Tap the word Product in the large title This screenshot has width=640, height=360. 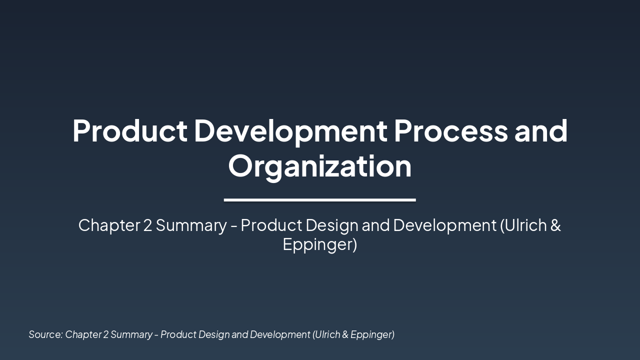pyautogui.click(x=130, y=131)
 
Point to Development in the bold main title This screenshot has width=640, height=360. pyautogui.click(x=290, y=131)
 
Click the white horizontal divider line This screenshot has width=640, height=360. pyautogui.click(x=320, y=200)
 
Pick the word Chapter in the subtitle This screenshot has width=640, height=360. pyautogui.click(x=109, y=225)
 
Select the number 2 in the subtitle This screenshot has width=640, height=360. pyautogui.click(x=147, y=225)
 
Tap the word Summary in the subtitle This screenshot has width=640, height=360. pyautogui.click(x=191, y=225)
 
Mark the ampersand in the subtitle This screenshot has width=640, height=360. pyautogui.click(x=555, y=225)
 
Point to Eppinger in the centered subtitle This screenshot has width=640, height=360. pyautogui.click(x=319, y=245)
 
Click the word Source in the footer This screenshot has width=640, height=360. pyautogui.click(x=45, y=334)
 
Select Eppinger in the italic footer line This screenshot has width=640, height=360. pyautogui.click(x=372, y=334)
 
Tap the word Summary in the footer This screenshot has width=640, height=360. pyautogui.click(x=131, y=334)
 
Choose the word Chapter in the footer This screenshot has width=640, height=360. pyautogui.click(x=83, y=334)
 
